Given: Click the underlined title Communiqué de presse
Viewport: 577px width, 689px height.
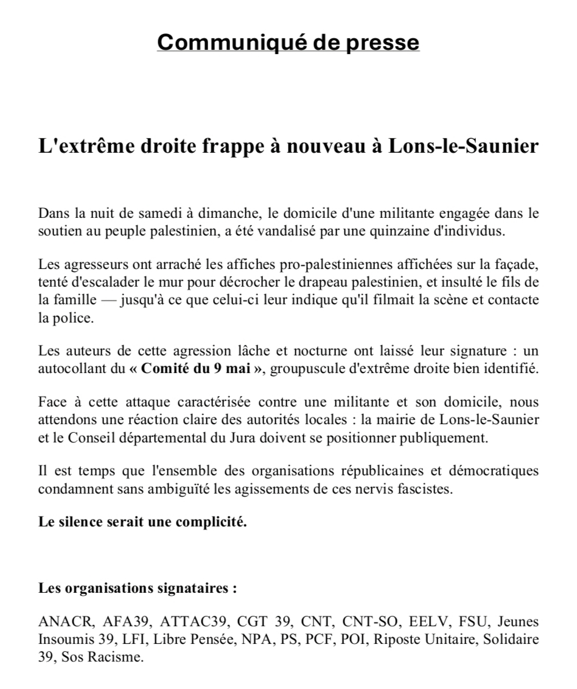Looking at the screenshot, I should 288,43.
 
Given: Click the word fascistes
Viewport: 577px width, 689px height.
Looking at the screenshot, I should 428,489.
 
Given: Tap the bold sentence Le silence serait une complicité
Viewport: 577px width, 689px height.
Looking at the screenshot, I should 142,523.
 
